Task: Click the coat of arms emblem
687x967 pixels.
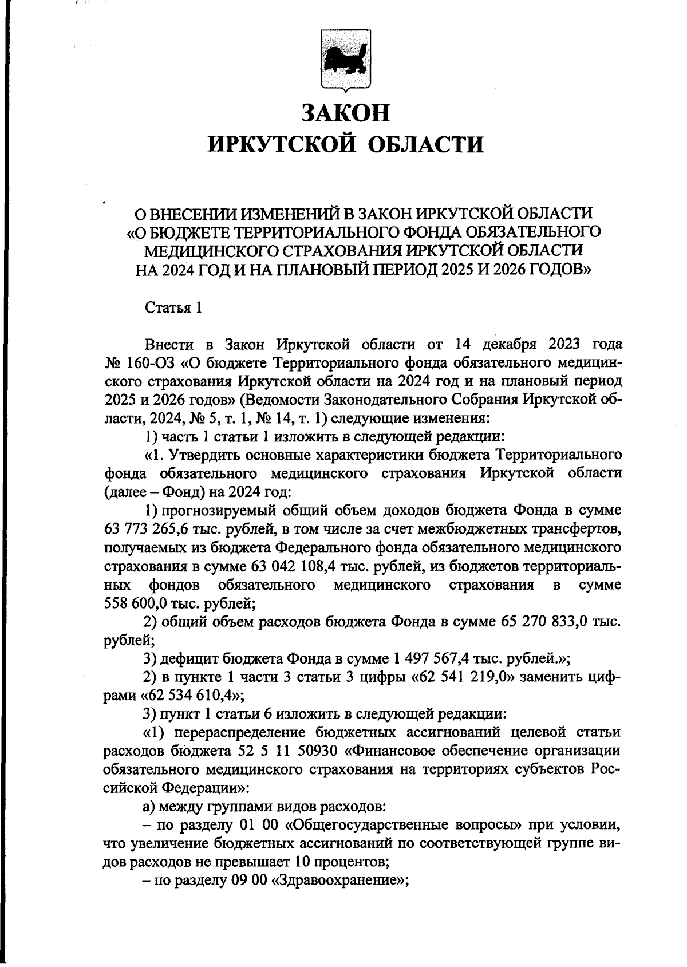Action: [x=345, y=60]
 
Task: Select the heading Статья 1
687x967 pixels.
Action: [x=173, y=308]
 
